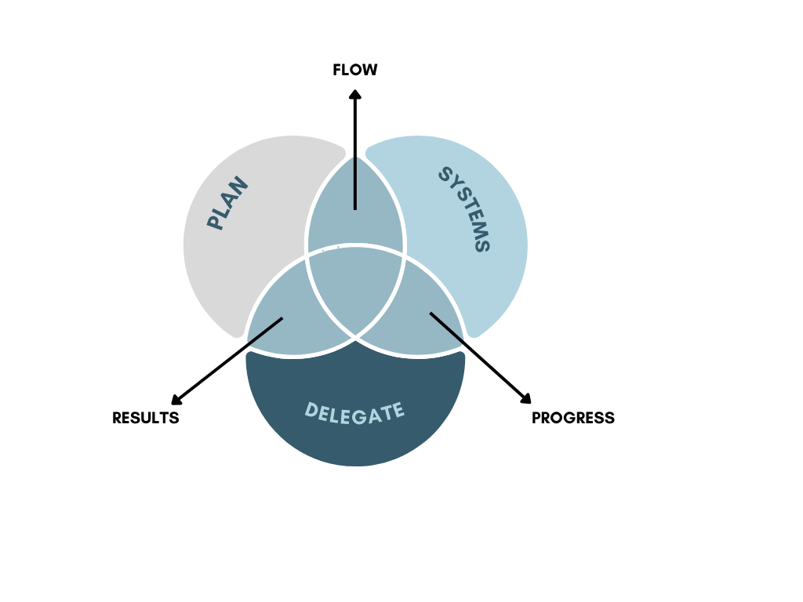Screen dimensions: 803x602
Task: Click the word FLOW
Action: click(x=355, y=70)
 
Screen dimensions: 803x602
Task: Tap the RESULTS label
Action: click(x=145, y=418)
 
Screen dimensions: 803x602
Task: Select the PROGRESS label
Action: click(x=573, y=418)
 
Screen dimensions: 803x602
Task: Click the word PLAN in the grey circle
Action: click(x=227, y=203)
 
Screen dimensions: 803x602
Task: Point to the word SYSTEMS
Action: click(x=464, y=209)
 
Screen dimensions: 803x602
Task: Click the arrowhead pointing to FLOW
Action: click(x=355, y=94)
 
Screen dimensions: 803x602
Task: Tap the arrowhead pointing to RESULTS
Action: click(x=176, y=400)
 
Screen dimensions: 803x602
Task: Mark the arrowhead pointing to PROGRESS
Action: click(x=525, y=398)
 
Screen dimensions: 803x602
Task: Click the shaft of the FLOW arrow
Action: click(x=355, y=154)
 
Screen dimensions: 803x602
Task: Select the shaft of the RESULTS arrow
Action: click(x=231, y=357)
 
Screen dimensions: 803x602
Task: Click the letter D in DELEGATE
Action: click(x=311, y=410)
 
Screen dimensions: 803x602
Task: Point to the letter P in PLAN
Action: click(x=215, y=222)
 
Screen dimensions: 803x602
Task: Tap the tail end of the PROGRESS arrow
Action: click(x=431, y=313)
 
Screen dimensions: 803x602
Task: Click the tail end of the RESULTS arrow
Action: click(x=282, y=318)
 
